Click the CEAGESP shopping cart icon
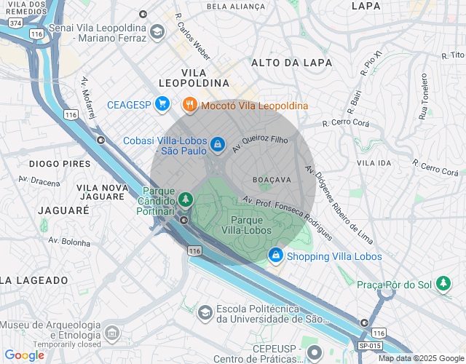pos(162,105)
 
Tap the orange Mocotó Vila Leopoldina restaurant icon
pos(189,105)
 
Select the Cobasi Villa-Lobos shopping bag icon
pos(217,146)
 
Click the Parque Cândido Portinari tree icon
pos(186,199)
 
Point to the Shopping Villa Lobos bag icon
pos(276,256)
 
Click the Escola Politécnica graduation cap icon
pos(205,312)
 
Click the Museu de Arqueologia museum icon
pos(111,333)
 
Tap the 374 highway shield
pos(15,23)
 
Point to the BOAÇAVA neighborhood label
pos(272,179)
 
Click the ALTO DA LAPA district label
pos(285,63)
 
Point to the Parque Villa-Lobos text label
pos(246,224)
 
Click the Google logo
pos(24,355)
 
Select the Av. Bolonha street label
pos(69,240)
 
